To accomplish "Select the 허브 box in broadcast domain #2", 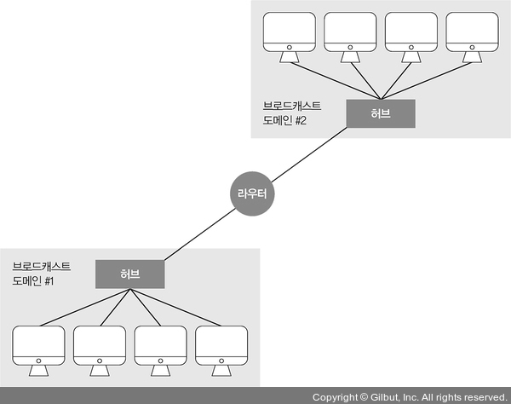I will [x=381, y=113].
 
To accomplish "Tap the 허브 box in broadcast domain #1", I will [x=129, y=274].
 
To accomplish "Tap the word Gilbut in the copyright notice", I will [x=385, y=397].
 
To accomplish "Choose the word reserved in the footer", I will [x=482, y=397].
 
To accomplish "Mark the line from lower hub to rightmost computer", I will [x=177, y=309].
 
